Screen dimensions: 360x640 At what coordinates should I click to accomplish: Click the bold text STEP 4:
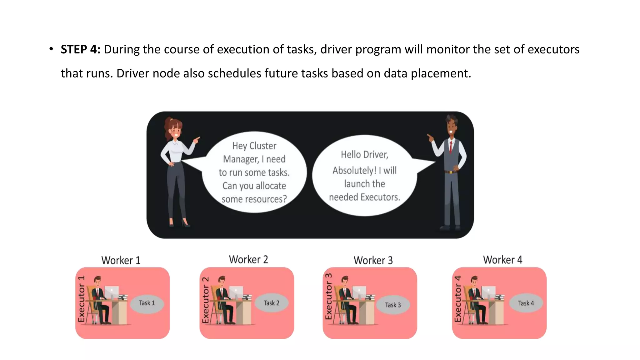[x=80, y=49]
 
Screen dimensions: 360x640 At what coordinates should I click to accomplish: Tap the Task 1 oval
[x=147, y=303]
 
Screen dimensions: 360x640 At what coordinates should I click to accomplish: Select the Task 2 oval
[x=271, y=303]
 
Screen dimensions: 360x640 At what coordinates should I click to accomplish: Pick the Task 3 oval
[x=393, y=305]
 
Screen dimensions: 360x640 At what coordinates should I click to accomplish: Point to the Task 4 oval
[x=526, y=303]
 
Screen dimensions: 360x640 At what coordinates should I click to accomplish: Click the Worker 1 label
[x=121, y=260]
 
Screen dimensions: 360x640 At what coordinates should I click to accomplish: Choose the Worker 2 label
[x=248, y=259]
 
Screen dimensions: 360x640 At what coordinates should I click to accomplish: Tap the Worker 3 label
[x=373, y=260]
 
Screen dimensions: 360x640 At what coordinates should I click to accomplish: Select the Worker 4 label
[x=502, y=260]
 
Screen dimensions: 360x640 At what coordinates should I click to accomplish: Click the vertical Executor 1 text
[x=81, y=299]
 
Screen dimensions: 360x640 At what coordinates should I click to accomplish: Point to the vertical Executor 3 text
[x=328, y=297]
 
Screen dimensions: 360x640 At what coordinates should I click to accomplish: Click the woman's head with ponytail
[x=174, y=128]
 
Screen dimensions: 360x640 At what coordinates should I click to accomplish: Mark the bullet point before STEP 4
[x=51, y=49]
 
